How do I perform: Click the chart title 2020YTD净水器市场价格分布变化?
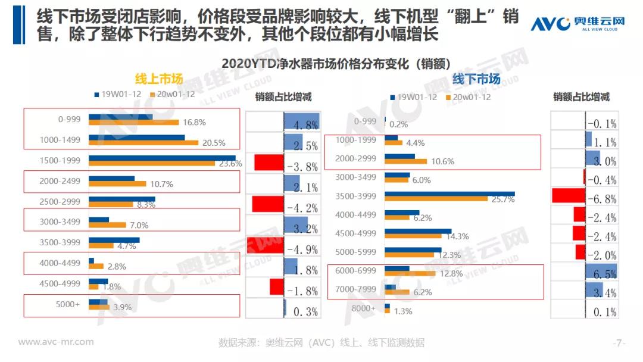(x=335, y=63)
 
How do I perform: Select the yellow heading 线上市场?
(x=158, y=79)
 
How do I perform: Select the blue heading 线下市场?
(x=476, y=79)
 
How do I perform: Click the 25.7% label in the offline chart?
(x=502, y=199)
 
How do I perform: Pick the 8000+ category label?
(x=364, y=308)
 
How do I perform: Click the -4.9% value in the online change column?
(x=302, y=248)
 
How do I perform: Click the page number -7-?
(x=619, y=343)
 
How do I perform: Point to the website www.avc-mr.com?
(x=56, y=342)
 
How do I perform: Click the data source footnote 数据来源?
(x=321, y=343)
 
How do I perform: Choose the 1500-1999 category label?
(x=61, y=160)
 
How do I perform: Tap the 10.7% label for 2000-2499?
(x=161, y=184)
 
